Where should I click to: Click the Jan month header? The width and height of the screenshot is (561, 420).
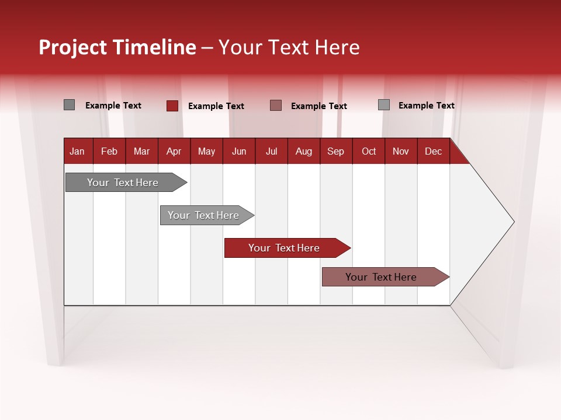(x=77, y=151)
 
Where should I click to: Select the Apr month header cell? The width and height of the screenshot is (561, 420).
(x=174, y=151)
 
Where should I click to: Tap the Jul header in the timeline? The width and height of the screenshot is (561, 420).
(x=271, y=151)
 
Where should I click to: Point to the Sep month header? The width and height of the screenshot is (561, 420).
(x=335, y=151)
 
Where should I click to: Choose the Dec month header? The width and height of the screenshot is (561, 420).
(x=433, y=151)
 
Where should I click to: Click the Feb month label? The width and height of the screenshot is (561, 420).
(x=109, y=151)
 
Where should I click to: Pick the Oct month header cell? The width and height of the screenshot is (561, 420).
(x=369, y=151)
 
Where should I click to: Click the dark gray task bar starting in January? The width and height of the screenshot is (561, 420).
(x=123, y=183)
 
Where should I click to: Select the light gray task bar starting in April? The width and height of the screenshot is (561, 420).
(x=203, y=215)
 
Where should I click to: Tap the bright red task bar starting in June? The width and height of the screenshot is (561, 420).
(x=284, y=248)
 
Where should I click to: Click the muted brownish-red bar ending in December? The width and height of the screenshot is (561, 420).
(x=381, y=277)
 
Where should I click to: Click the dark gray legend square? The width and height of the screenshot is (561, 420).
(x=69, y=105)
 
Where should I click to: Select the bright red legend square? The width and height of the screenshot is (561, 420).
(x=172, y=106)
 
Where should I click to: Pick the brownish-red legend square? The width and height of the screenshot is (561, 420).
(x=276, y=106)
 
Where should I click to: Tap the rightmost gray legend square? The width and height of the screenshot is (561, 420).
(x=383, y=105)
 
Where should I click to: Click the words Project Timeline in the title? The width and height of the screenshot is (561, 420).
(x=117, y=47)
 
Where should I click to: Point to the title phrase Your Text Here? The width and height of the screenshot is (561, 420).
(x=289, y=47)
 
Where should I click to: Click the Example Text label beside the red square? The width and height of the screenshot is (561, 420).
(x=216, y=106)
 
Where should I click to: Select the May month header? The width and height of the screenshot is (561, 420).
(x=206, y=151)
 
